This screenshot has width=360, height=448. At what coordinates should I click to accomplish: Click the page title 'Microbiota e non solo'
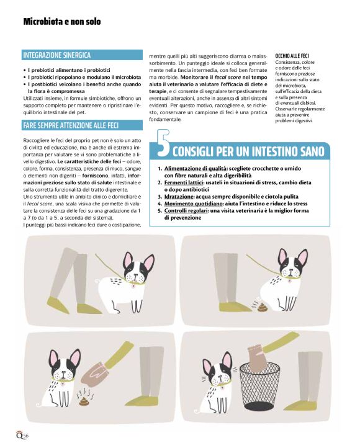[x=61, y=22]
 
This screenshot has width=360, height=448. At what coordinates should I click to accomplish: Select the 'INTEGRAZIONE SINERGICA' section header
[x=56, y=55]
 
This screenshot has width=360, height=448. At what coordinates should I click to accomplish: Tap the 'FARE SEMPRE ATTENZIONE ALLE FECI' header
[x=70, y=125]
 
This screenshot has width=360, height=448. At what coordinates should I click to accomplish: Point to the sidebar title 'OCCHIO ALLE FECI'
[x=292, y=55]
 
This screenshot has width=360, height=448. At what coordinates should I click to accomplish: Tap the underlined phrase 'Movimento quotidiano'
[x=192, y=203]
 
